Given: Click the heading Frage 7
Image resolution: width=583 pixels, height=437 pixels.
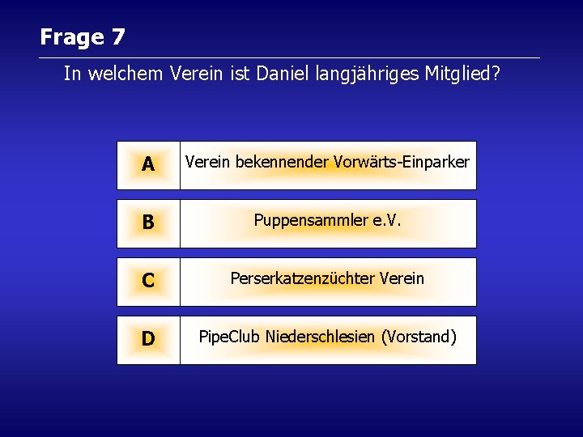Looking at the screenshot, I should coord(82,37).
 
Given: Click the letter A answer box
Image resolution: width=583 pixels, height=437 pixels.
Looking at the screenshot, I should coord(148,165).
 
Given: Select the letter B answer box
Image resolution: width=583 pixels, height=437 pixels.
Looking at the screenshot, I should coord(148,223).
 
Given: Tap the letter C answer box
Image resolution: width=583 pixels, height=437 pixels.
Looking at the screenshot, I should coord(148,282).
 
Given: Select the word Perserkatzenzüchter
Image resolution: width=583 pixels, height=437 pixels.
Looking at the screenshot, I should coord(300,278).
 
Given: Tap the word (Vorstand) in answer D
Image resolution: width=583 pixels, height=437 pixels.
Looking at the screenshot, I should coord(419,337).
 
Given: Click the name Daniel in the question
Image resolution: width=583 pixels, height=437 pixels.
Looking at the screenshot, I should coord(278,74).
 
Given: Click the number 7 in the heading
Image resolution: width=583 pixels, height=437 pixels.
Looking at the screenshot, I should coord(118,37).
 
